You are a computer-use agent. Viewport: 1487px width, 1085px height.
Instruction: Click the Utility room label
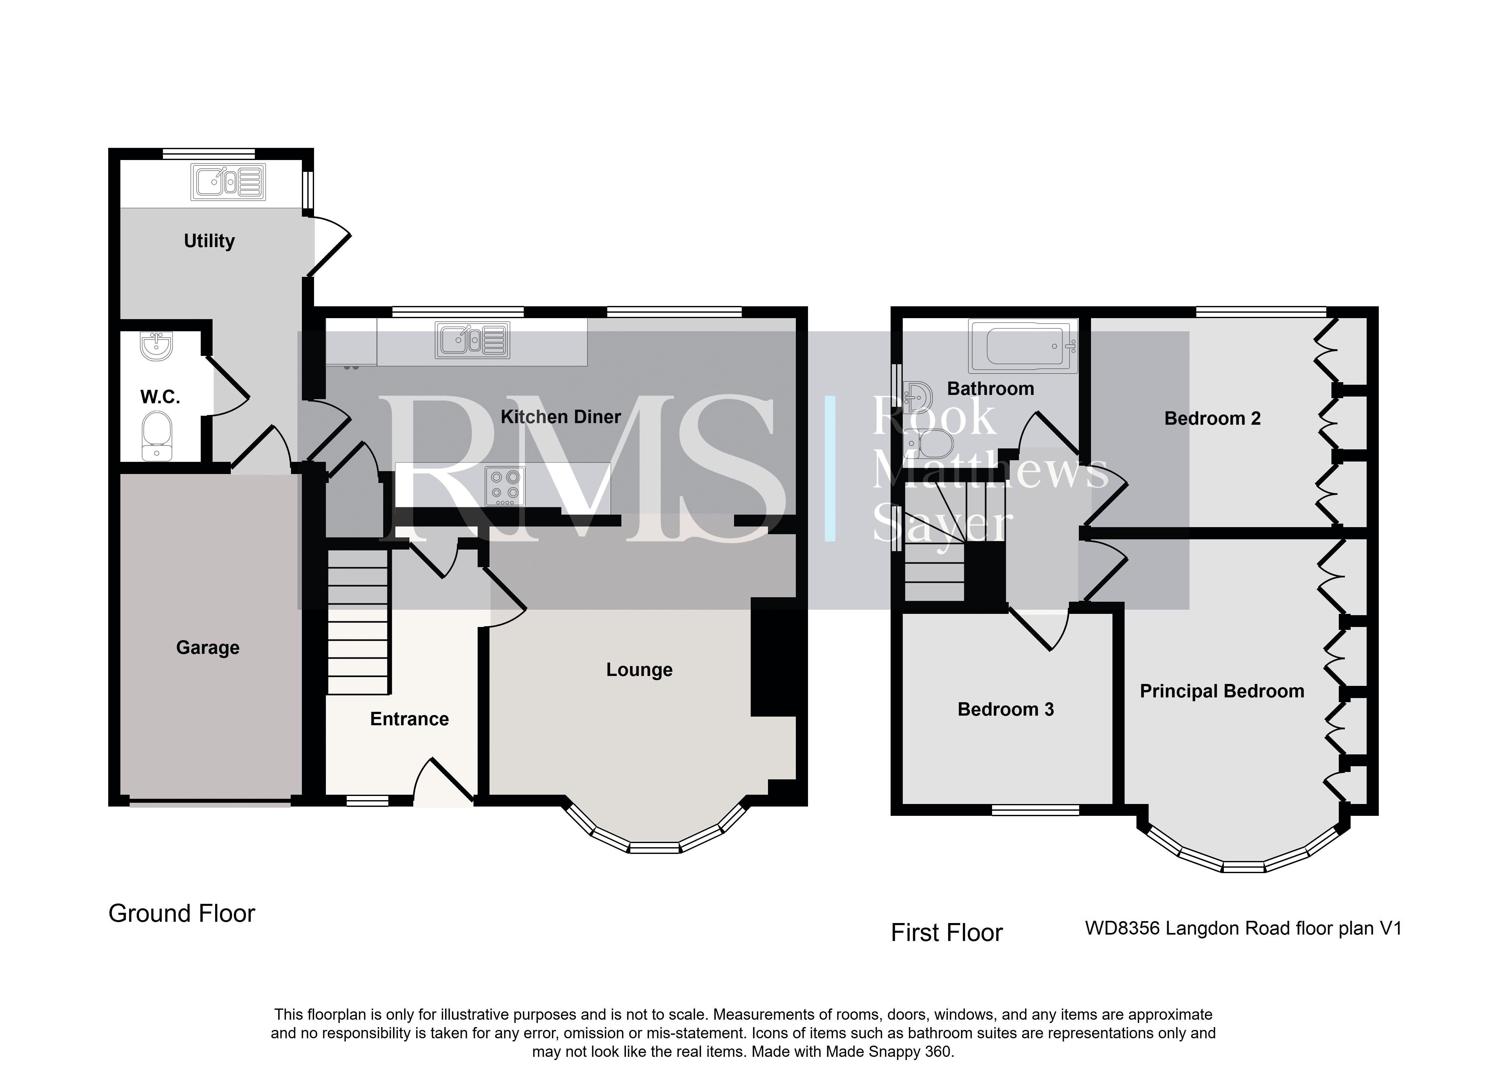pos(209,241)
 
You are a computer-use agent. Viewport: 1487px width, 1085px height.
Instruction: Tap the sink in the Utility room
pos(228,182)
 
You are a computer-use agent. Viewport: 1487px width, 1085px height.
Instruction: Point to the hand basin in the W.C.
pos(156,346)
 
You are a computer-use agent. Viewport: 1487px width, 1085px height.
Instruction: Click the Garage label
pos(207,647)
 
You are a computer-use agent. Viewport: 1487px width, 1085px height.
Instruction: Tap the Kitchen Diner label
pos(561,416)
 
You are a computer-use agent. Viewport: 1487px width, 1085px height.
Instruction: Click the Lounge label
pos(639,670)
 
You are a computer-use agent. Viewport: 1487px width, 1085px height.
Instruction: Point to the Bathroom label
pos(990,389)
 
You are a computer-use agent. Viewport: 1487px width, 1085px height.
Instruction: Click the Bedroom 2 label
pos(1212,418)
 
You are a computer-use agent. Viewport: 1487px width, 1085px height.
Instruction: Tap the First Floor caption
pos(946,933)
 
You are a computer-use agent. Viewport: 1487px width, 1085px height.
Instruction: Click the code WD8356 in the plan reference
pos(1123,928)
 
